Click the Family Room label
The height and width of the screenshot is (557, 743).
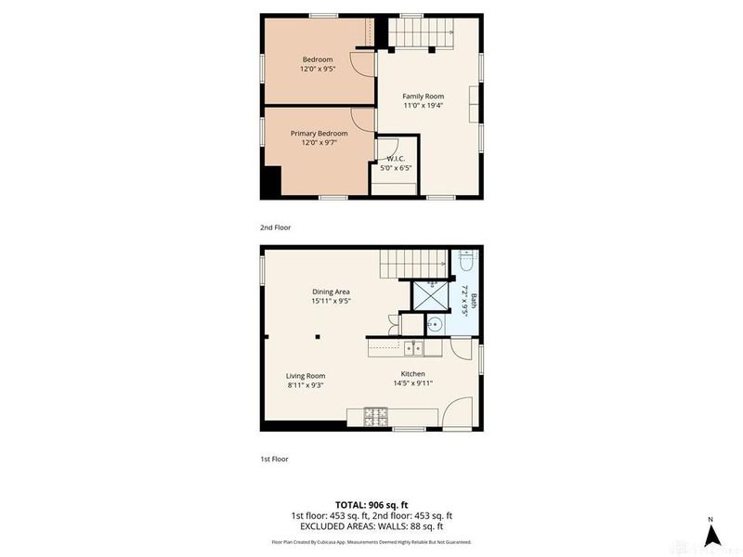pyautogui.click(x=423, y=97)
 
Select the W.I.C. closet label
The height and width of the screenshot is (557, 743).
pyautogui.click(x=394, y=158)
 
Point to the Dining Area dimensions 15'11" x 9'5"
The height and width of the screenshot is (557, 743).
pyautogui.click(x=330, y=301)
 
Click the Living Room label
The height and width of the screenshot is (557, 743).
pyautogui.click(x=305, y=375)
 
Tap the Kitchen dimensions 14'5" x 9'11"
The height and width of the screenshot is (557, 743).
pyautogui.click(x=411, y=383)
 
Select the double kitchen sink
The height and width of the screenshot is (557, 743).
pyautogui.click(x=412, y=349)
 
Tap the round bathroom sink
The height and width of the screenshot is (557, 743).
pyautogui.click(x=434, y=325)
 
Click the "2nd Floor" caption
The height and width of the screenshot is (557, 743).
pyautogui.click(x=276, y=227)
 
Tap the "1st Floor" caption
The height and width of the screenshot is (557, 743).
pyautogui.click(x=275, y=458)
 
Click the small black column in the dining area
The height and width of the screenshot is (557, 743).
pyautogui.click(x=317, y=336)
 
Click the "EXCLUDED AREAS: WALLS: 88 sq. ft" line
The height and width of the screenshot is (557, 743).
pyautogui.click(x=371, y=526)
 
